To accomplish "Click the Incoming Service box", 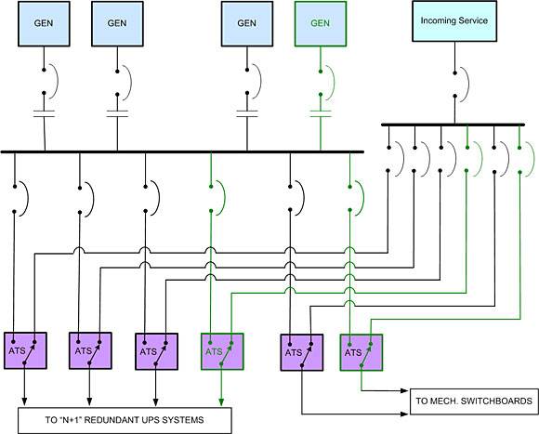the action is (x=454, y=21).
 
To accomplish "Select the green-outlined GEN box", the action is (x=321, y=24).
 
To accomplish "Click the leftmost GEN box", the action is (x=44, y=24).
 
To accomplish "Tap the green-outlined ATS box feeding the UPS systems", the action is (x=222, y=351).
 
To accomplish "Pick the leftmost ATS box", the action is (x=25, y=351).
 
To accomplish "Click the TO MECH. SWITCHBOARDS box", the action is (x=474, y=401).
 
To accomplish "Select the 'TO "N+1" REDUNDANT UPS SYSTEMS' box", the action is (x=125, y=420).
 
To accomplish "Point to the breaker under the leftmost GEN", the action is (x=50, y=82).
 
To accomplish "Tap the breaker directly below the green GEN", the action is (x=327, y=83).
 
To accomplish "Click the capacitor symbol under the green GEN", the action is (x=321, y=113).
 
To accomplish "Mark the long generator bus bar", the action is (x=182, y=151).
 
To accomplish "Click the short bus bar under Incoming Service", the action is (x=454, y=125).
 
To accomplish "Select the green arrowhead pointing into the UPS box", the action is (x=221, y=402).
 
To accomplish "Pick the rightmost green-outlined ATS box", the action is (x=362, y=352).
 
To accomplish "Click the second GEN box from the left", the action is (x=118, y=24).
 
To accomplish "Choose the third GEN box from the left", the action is (x=247, y=24).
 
